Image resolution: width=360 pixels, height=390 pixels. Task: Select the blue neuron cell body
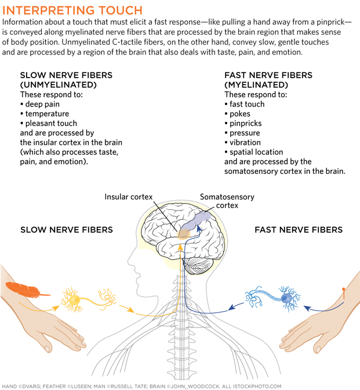point(287,297)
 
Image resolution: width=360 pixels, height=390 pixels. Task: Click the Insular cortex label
point(128,197)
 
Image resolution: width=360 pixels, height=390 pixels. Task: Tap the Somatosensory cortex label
point(227,201)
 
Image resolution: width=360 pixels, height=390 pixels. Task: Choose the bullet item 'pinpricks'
point(245,123)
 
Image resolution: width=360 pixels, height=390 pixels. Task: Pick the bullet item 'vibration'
point(245,143)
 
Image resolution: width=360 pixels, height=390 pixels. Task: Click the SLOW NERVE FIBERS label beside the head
point(67,230)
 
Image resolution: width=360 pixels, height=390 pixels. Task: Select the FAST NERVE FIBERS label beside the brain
point(299,230)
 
